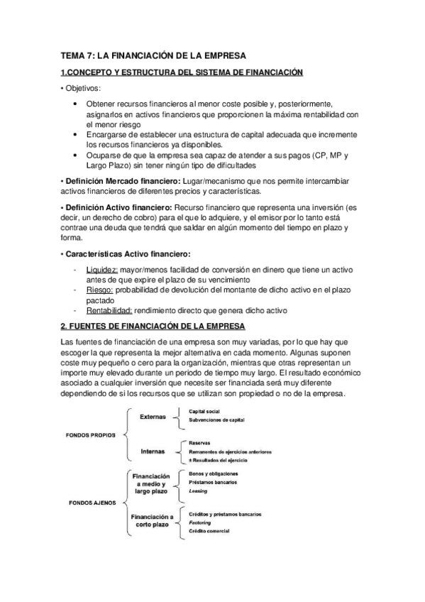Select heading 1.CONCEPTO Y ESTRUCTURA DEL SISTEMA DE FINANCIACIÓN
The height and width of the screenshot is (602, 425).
[x=182, y=72]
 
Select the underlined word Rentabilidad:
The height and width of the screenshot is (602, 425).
[x=109, y=310]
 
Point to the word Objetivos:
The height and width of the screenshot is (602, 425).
[x=84, y=89]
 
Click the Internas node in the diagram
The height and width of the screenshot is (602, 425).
[x=153, y=450]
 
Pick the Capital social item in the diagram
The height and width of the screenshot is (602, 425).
[x=206, y=411]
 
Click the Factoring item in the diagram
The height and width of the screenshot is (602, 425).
[x=203, y=522]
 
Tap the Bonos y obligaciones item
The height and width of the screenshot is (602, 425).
[x=214, y=474]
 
